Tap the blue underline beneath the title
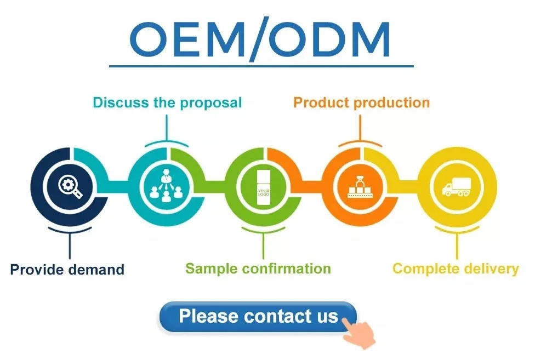(x=261, y=66)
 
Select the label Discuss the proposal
(x=167, y=102)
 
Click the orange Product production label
(x=361, y=102)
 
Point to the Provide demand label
(x=67, y=270)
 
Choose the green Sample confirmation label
(x=258, y=268)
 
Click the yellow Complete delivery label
(x=456, y=268)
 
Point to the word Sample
(x=212, y=268)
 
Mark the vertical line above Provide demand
(x=70, y=245)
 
